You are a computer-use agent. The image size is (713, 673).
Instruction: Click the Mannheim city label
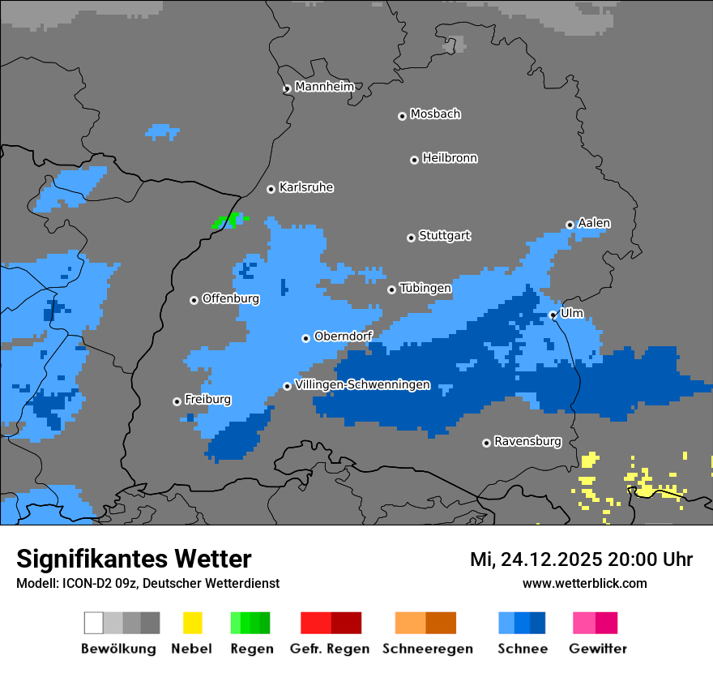325,87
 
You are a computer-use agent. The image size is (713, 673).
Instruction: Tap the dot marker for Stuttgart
411,238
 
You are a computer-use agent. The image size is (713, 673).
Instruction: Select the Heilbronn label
450,158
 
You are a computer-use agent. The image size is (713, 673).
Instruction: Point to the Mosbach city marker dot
402,116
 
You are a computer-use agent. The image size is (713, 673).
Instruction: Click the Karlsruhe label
306,187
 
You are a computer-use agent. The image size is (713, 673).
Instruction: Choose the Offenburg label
231,298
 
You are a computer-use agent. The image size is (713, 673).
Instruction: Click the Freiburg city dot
177,401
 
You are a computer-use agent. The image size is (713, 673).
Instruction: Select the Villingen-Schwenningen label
362,384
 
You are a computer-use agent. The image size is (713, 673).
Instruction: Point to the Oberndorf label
344,336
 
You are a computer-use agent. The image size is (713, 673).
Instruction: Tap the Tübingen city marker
391,289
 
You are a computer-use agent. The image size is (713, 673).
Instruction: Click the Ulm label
572,313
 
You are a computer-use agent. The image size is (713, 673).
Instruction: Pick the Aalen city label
594,223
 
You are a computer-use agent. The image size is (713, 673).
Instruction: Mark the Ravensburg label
527,441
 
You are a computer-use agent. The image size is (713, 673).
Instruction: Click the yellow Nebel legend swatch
192,623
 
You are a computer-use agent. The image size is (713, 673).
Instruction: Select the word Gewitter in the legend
597,649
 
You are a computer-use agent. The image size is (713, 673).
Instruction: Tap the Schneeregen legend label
428,649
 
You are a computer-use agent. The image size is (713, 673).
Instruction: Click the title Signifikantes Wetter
134,559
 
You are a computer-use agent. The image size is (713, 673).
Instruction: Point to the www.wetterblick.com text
584,583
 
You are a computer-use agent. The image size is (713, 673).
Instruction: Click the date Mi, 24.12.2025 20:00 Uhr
581,559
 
